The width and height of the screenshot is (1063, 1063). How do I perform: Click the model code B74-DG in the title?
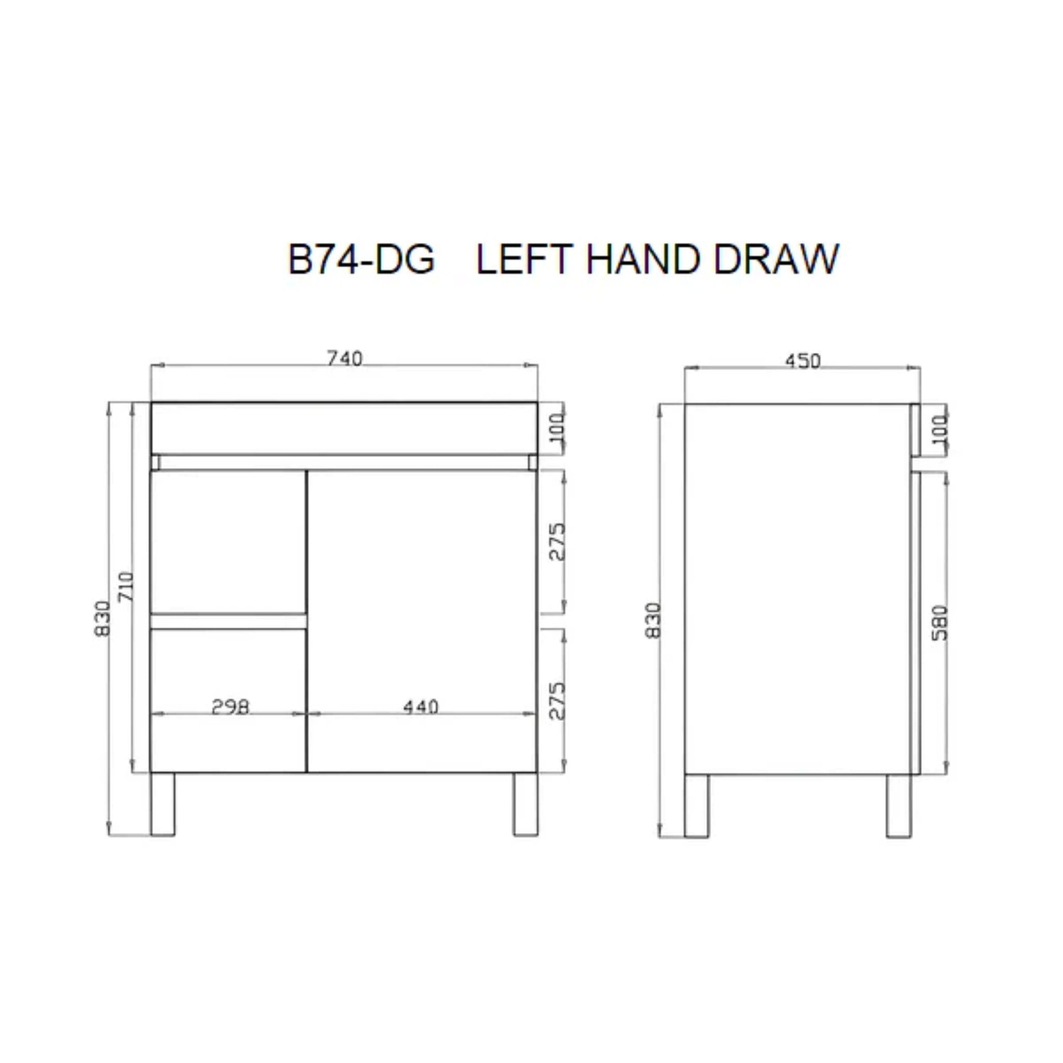point(361,259)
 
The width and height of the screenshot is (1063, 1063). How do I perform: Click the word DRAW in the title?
point(775,259)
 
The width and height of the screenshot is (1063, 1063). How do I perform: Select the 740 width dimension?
point(345,359)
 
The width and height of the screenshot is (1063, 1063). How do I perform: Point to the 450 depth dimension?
point(802,361)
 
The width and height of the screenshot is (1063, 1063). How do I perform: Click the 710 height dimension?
point(126,587)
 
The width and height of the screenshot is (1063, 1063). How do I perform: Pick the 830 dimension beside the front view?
point(102,619)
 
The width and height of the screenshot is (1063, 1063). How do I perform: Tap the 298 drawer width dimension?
point(230,707)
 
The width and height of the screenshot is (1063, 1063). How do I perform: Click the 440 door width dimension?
point(420,707)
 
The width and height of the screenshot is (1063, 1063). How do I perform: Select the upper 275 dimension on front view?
point(557,542)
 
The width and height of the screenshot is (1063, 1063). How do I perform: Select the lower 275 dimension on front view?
point(557,702)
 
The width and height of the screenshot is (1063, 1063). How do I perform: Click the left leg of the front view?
point(162,805)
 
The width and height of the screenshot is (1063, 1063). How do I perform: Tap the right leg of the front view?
point(525,805)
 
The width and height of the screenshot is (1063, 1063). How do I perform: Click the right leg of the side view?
point(898,806)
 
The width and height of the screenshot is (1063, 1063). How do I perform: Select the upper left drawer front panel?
point(228,541)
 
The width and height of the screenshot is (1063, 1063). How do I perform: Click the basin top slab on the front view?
point(344,429)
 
